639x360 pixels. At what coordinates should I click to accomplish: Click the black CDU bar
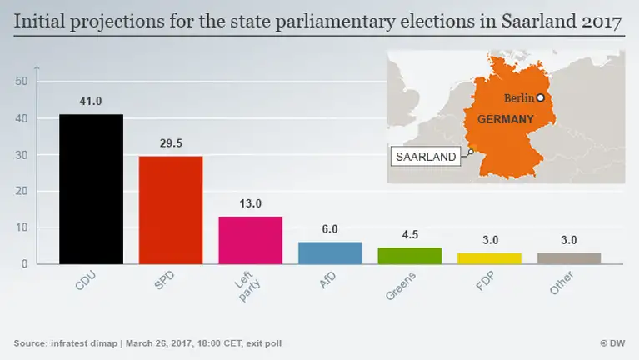coord(91,189)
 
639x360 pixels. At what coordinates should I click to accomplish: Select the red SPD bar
coord(171,210)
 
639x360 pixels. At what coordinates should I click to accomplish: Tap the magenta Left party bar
coord(250,240)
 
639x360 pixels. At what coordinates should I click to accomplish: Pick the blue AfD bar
coord(330,253)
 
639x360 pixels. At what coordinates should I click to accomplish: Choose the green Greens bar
coord(409,256)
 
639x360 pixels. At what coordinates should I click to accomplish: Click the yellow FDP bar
coord(489,258)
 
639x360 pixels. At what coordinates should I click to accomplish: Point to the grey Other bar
coord(568,258)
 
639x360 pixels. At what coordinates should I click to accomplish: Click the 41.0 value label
coord(91,102)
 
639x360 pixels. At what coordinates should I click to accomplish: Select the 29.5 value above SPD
coord(171,143)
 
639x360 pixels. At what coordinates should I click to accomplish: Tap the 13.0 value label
coord(250,203)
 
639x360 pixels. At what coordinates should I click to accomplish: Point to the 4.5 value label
coord(409,235)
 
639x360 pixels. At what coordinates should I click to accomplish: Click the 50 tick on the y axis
coord(22,81)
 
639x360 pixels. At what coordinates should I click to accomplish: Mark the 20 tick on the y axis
coord(22,191)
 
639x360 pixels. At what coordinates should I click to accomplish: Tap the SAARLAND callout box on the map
coord(426,157)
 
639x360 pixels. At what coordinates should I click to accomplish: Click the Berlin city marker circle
coord(540,97)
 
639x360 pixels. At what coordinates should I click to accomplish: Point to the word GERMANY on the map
coord(505,120)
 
